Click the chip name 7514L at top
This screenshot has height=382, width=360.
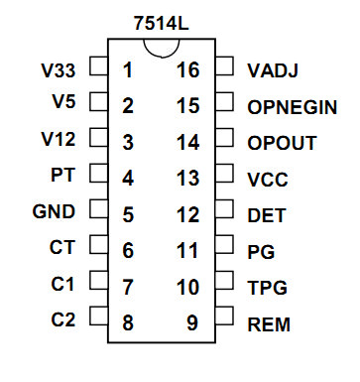point(161,23)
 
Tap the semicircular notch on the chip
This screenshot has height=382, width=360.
point(162,57)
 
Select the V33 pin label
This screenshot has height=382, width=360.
point(59,70)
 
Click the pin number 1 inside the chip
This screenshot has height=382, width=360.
point(128,70)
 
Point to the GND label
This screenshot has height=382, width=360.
point(54,211)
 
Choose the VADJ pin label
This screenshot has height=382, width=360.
point(273,70)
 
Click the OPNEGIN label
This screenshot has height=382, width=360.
point(293,107)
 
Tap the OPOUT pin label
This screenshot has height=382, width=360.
point(282,143)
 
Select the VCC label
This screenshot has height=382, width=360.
point(268,180)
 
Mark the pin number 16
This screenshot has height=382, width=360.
point(188,70)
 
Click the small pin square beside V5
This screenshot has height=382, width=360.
point(98,101)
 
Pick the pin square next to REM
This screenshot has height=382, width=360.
point(224,316)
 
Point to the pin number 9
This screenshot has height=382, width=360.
point(192,322)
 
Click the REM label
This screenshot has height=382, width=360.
point(269,324)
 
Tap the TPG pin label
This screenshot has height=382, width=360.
point(267,288)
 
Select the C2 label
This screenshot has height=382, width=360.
point(63,319)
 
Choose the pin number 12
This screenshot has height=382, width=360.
point(188,214)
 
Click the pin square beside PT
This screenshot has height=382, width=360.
point(98,173)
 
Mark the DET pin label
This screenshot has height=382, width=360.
point(267,215)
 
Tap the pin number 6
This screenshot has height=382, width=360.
point(128,250)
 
